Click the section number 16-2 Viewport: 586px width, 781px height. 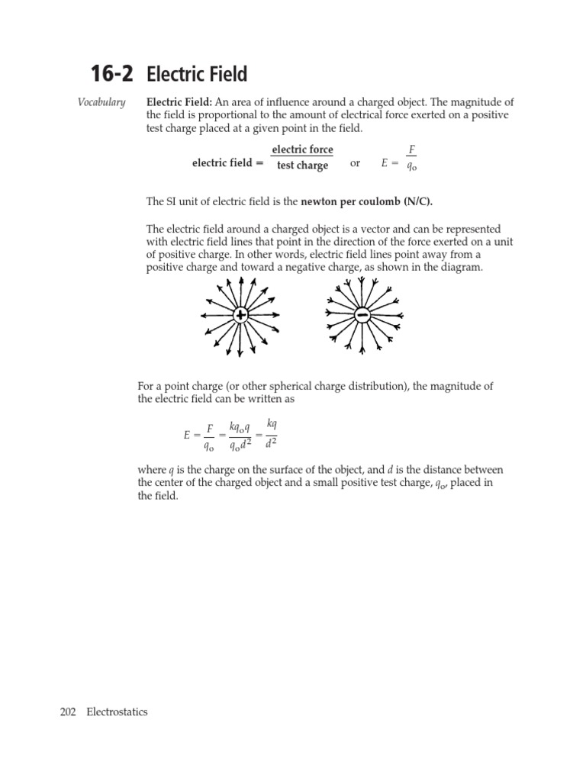tap(111, 74)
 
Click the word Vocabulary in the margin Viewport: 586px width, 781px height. tap(101, 102)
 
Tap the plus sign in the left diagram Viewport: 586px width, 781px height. tap(240, 316)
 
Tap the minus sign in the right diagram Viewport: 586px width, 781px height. tap(362, 315)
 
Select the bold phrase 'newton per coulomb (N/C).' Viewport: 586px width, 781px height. tap(372, 201)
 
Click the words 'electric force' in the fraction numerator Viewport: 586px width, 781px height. tap(302, 149)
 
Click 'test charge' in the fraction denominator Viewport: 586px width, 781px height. tap(302, 166)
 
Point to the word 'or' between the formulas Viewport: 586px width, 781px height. tap(355, 163)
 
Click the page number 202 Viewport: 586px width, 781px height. tap(68, 712)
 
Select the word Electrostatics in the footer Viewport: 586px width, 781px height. tap(117, 712)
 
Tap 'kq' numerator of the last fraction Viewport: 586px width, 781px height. tap(272, 423)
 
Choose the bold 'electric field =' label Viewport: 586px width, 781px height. tap(227, 163)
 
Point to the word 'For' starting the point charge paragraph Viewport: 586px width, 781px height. tap(146, 386)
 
